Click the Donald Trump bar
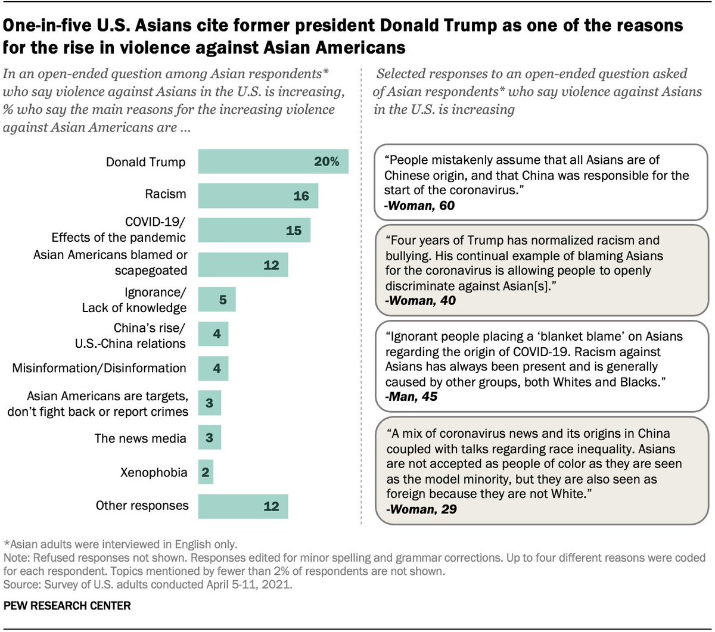tap(273, 162)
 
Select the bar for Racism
tap(258, 195)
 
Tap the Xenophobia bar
tap(206, 472)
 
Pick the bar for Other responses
tap(243, 506)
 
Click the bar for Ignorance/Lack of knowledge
tap(217, 299)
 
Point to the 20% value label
tap(327, 162)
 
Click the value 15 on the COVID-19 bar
tap(293, 230)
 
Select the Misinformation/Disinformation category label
tap(99, 368)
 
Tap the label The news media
tap(140, 438)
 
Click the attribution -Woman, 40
tap(421, 300)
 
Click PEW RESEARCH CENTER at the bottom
tap(67, 606)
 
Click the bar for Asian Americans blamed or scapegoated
tap(243, 264)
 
